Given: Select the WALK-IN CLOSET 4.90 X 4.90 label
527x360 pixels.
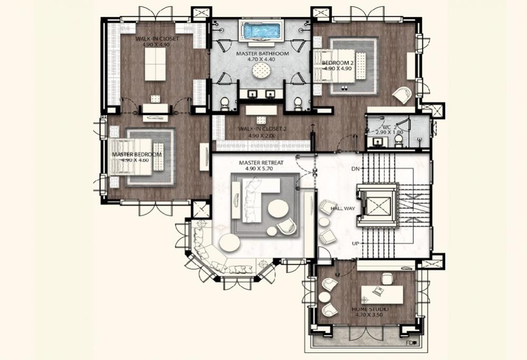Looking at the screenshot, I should [x=157, y=42].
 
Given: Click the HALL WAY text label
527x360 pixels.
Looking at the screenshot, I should [x=343, y=209].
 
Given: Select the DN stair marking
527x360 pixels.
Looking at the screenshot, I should [x=355, y=169].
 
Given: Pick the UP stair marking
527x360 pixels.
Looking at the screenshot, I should [x=355, y=244].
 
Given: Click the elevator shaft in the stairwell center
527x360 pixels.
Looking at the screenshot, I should [x=377, y=205].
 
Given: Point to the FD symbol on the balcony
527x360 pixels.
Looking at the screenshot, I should [x=411, y=343].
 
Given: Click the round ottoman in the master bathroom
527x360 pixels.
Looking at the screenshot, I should [x=261, y=71].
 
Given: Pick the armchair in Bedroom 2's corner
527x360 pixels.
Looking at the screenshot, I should [x=403, y=95].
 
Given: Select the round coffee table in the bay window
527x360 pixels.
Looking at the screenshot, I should [x=230, y=243].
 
